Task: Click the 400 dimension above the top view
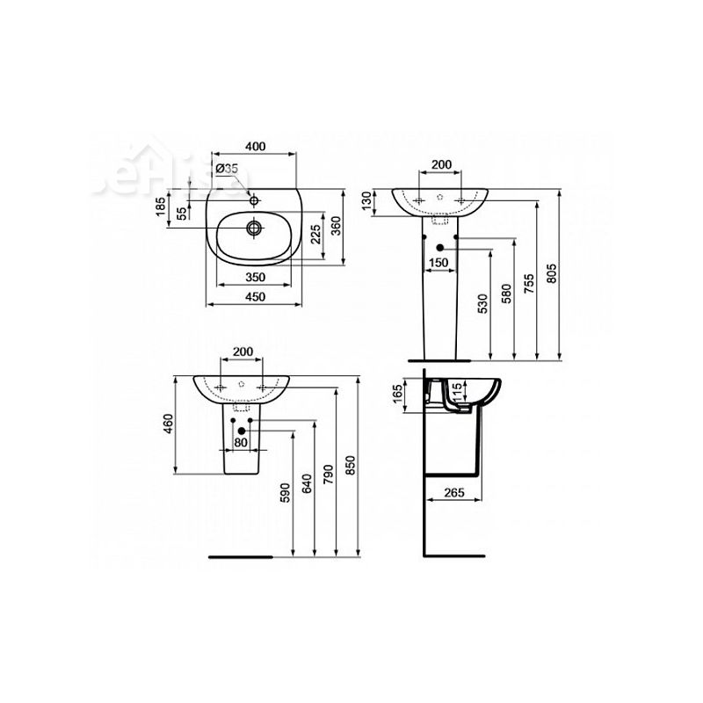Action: tap(255, 145)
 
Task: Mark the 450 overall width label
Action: tap(255, 298)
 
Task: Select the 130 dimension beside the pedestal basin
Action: tap(366, 201)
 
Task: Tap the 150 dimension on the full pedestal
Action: tap(439, 263)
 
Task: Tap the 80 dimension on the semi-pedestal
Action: tap(241, 443)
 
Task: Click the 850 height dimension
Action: tap(351, 470)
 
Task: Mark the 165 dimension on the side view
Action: tap(397, 392)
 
